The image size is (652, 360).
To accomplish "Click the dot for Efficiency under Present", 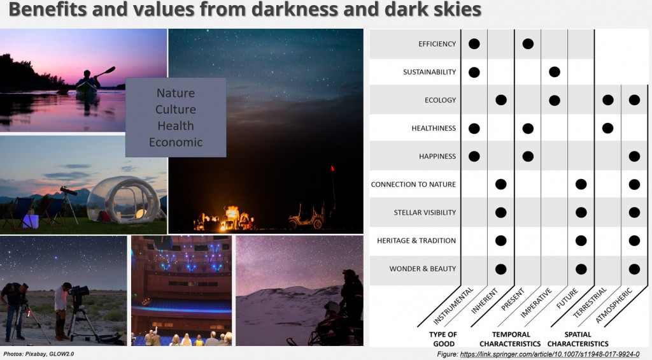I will click(x=528, y=44).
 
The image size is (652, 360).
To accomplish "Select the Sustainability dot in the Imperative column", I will click(x=555, y=72).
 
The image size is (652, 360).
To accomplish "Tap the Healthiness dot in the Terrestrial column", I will click(x=607, y=128).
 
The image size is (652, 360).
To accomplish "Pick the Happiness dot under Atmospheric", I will click(x=634, y=156).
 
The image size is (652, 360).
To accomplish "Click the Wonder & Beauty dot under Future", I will click(x=581, y=268).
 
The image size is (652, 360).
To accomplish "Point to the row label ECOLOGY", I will click(x=440, y=100).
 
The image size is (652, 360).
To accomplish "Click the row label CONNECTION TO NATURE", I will click(x=413, y=184).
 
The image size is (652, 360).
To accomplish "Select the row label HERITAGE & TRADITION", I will click(x=416, y=240).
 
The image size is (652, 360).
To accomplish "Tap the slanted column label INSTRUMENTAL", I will click(x=453, y=306).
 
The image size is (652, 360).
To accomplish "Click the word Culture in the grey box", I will click(x=175, y=110).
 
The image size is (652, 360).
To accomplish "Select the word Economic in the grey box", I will click(x=175, y=142).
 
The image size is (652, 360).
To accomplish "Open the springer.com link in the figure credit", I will click(x=548, y=354).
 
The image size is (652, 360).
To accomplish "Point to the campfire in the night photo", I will click(x=228, y=218).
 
